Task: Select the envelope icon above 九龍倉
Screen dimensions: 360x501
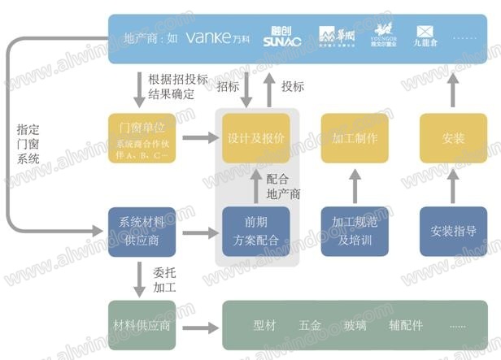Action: pos(425,32)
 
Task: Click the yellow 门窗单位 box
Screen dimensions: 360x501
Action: pos(142,138)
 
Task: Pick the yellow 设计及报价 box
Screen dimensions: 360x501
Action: pos(256,138)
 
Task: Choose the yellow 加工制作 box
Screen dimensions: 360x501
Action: pos(355,138)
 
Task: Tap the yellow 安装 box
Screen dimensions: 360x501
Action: pos(453,138)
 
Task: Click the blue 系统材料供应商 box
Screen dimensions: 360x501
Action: pos(142,232)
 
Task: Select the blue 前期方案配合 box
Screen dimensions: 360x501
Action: pos(256,232)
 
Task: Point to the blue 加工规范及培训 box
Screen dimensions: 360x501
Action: pos(355,232)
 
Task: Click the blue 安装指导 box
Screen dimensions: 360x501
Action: pos(453,232)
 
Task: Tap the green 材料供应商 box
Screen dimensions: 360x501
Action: pos(142,326)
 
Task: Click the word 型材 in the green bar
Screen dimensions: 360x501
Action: pos(264,326)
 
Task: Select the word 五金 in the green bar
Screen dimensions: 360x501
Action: pos(310,326)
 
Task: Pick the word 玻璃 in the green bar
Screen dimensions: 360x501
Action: pos(355,326)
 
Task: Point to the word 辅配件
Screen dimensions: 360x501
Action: pos(406,326)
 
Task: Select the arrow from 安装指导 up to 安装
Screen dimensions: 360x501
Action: pos(453,184)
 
